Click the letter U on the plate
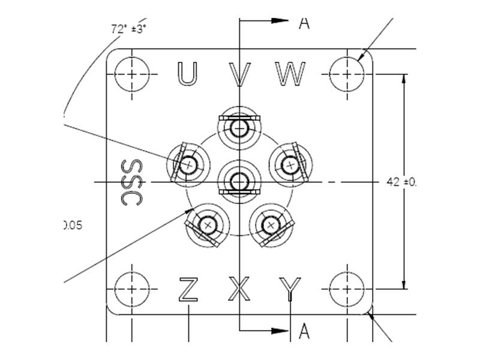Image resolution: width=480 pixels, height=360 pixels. pos(187,73)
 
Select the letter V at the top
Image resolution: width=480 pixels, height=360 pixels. pos(240,74)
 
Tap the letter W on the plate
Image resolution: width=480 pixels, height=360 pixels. pos(291,73)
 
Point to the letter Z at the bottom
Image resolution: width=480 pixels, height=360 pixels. pos(188,289)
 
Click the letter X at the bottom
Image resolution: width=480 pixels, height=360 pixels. pos(240,289)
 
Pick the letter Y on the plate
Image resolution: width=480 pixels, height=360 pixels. pos(290,289)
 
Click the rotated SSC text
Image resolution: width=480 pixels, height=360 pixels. pos(131,182)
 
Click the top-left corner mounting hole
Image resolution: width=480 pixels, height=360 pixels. pos(131,74)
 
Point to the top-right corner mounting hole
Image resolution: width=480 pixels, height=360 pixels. pos(347,74)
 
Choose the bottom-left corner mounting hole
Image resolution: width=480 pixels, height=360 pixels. pos(131,289)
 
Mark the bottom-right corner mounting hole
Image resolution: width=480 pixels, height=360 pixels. pos(347,289)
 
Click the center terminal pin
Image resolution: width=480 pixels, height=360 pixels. pos(239,180)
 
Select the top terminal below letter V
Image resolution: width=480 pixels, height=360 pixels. pos(239,127)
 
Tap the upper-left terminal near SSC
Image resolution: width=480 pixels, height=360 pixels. pos(189,163)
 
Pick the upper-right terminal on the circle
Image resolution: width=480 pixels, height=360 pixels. pos(291,163)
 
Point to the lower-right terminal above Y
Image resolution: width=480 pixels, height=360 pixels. pos(272,226)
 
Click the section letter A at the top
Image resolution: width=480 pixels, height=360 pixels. pos(304,23)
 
